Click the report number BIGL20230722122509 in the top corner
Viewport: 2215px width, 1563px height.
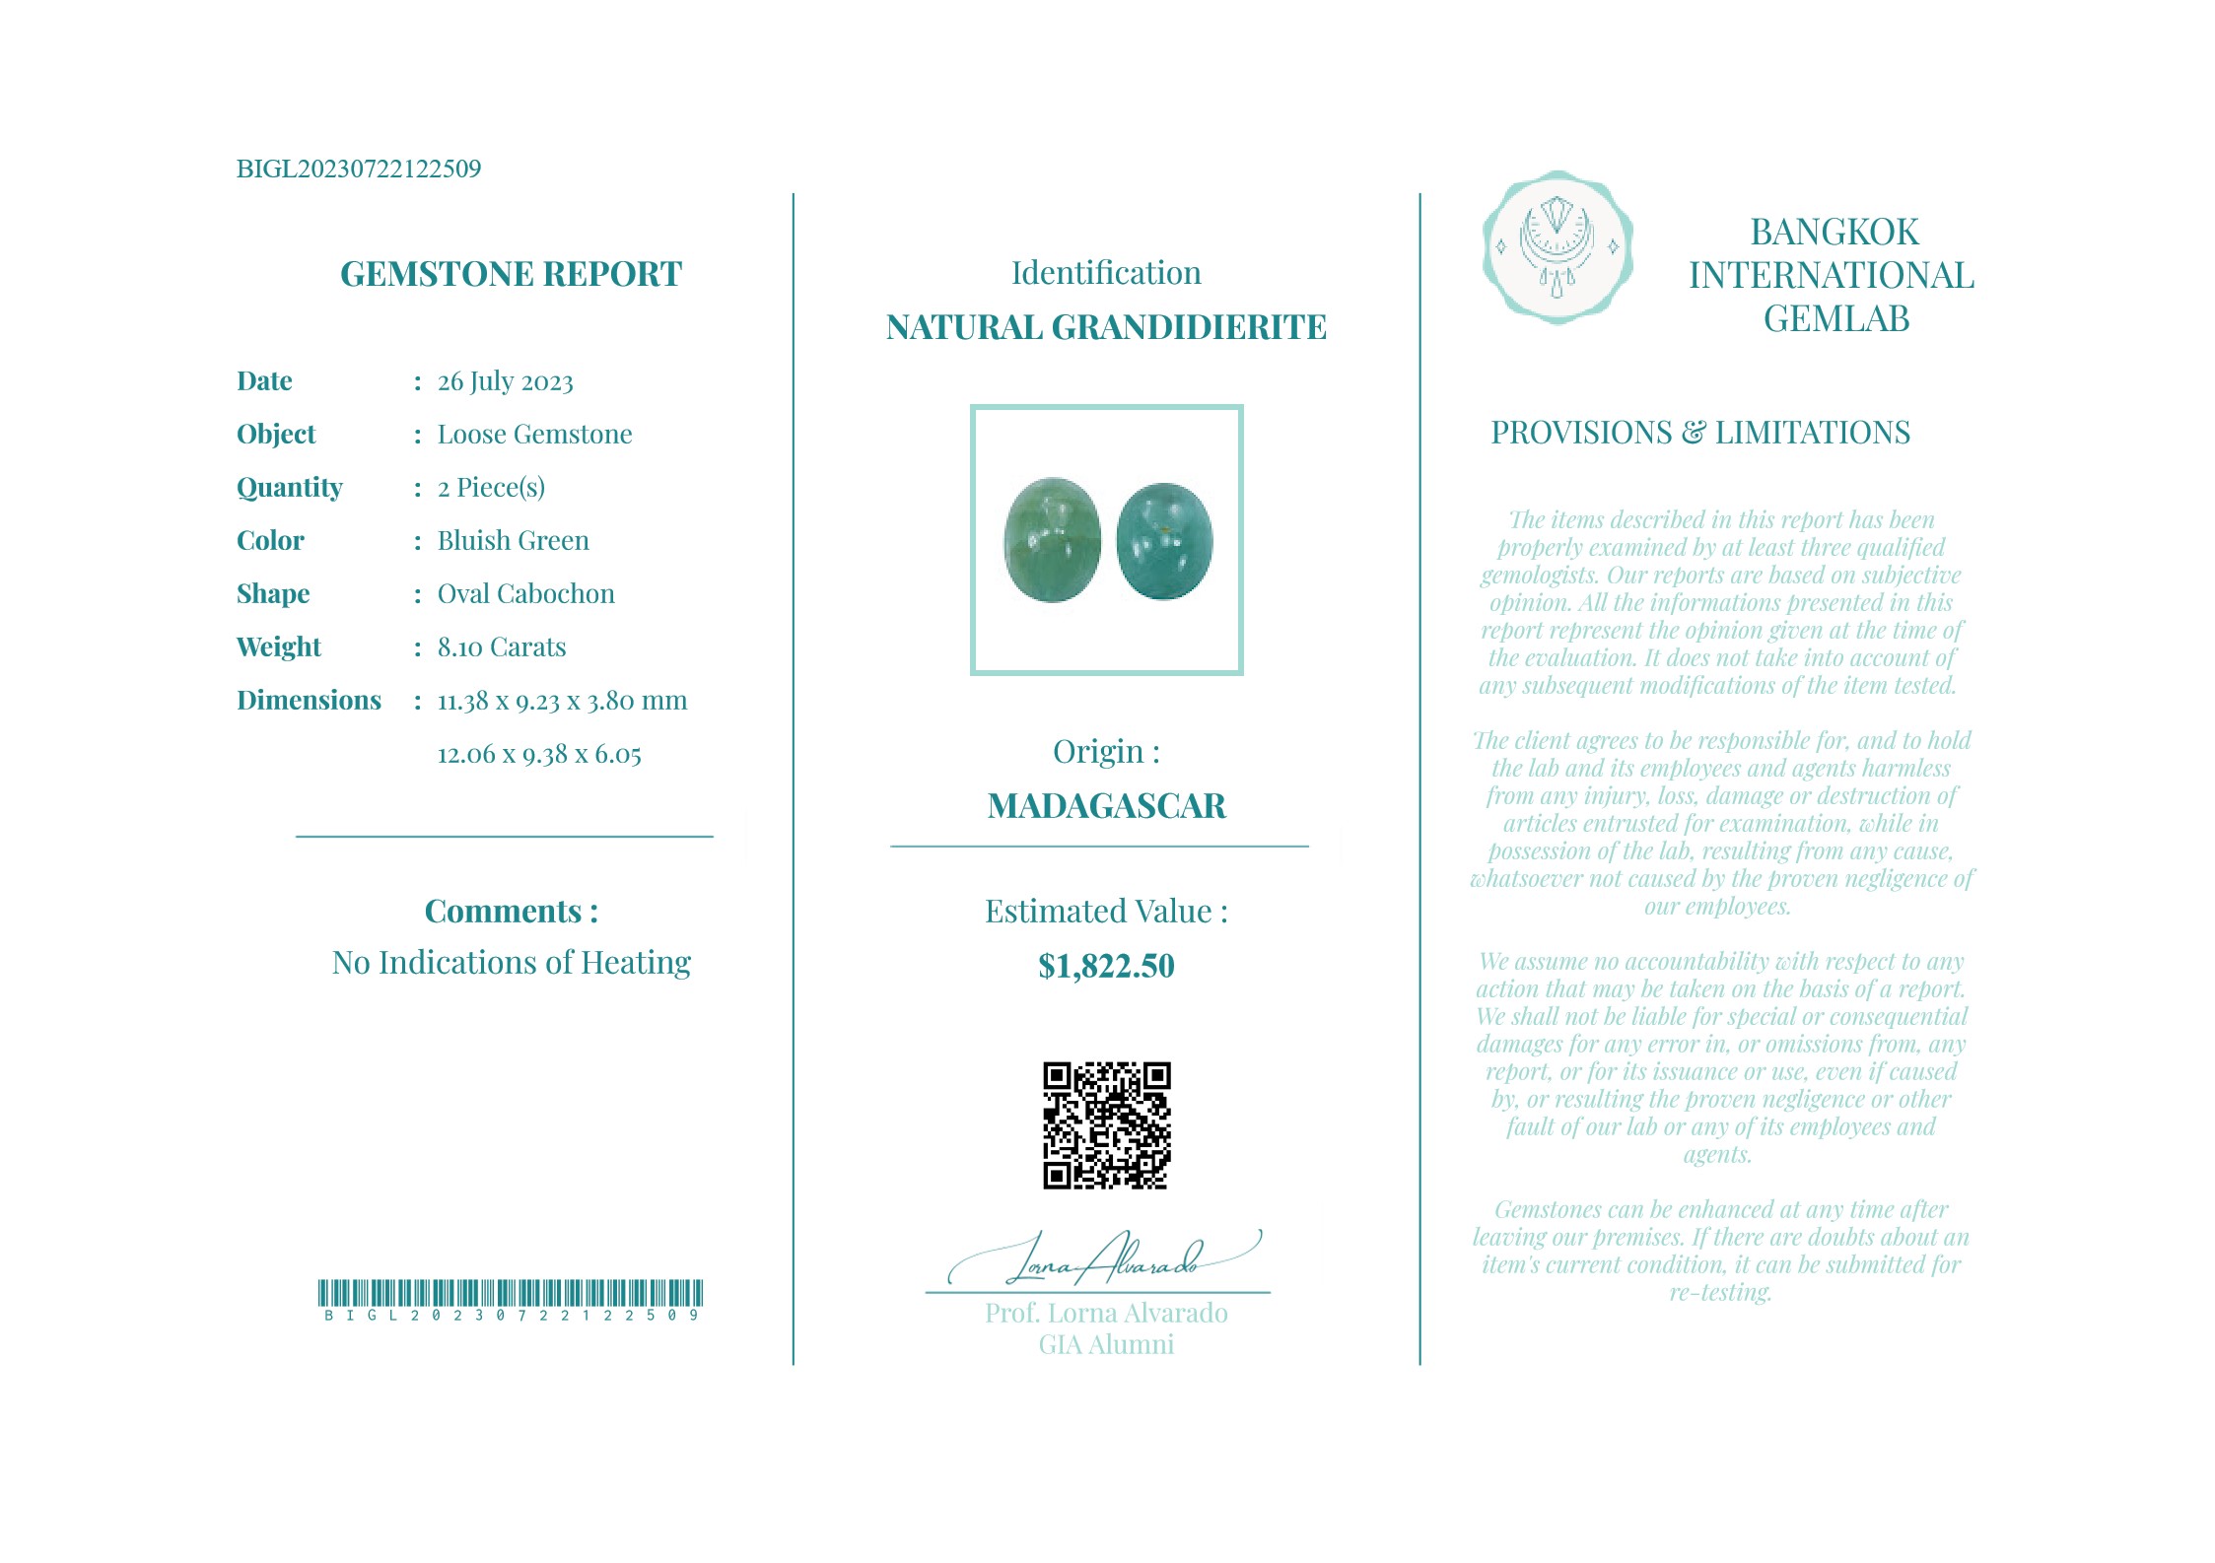[359, 169]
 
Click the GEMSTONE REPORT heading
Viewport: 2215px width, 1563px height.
[511, 274]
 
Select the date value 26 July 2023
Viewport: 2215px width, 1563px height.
[505, 381]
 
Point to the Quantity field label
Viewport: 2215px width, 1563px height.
[289, 488]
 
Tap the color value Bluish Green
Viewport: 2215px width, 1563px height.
[513, 541]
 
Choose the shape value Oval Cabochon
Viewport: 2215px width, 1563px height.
[525, 594]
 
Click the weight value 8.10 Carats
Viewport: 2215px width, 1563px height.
[501, 647]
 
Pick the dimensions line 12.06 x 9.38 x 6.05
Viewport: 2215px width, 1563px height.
[539, 755]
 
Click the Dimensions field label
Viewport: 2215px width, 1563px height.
[309, 701]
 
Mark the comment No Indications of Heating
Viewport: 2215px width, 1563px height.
[511, 963]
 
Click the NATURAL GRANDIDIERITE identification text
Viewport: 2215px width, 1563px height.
[1106, 327]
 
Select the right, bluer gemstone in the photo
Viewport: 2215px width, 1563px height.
[1164, 541]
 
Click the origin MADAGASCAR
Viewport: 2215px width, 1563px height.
[1106, 806]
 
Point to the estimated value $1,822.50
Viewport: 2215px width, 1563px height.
[1106, 966]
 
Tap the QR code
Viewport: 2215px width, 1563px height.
[1106, 1125]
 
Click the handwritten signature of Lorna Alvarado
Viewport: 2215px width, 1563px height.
[1104, 1259]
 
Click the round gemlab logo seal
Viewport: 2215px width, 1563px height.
[1557, 247]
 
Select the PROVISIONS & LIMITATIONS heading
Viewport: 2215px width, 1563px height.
[1699, 433]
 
